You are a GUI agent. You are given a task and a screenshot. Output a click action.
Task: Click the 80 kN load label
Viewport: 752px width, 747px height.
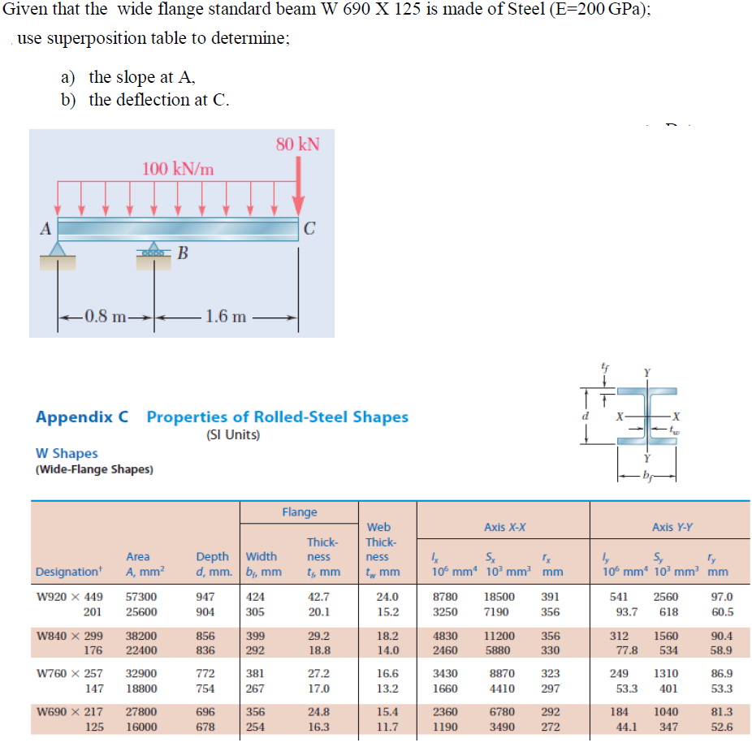297,145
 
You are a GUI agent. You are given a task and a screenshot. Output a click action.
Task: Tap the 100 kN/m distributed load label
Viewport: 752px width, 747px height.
179,169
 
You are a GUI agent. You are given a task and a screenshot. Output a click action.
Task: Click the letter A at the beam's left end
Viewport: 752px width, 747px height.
46,229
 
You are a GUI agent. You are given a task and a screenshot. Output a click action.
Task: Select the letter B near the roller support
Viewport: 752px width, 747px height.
183,253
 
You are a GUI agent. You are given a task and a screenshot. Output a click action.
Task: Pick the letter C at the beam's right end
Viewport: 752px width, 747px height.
310,229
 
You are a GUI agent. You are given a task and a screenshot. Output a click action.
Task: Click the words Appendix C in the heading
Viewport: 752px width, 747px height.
82,417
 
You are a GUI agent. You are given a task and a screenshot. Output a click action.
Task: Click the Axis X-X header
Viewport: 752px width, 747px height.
504,527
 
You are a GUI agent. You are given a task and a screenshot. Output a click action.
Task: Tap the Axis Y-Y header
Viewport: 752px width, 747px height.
672,527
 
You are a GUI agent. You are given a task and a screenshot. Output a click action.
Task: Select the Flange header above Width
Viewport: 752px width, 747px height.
300,512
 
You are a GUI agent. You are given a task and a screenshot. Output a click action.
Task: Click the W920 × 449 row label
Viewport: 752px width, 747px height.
71,597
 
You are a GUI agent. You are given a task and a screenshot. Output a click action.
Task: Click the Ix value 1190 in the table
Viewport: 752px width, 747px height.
445,727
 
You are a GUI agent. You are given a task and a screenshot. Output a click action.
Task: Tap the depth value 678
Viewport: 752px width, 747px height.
205,727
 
